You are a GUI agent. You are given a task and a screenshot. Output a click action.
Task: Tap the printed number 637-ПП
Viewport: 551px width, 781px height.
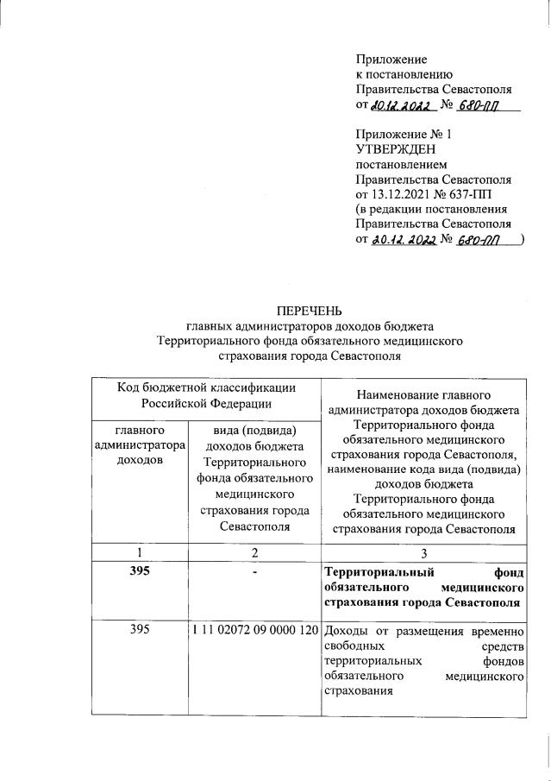[x=486, y=195]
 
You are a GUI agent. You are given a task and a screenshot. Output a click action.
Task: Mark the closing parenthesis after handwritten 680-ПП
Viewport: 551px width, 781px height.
[x=524, y=241]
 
